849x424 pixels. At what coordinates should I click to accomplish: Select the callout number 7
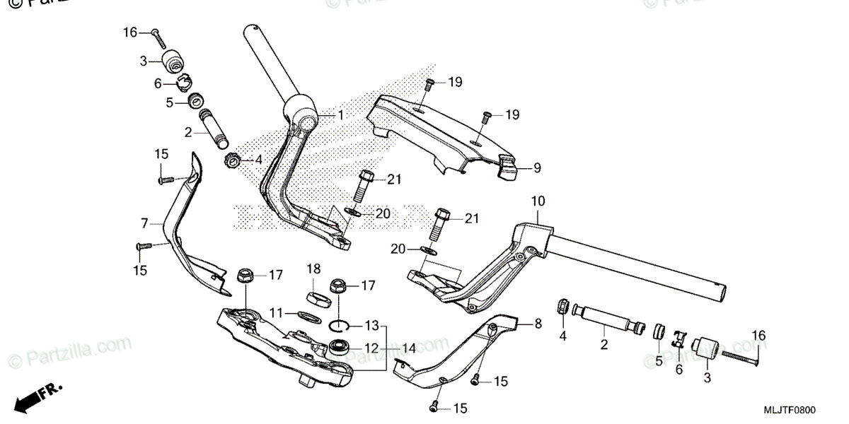[144, 223]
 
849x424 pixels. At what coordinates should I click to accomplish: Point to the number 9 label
[537, 168]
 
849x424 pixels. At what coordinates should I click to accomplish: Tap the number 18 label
[313, 269]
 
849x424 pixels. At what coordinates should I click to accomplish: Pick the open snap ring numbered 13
[342, 325]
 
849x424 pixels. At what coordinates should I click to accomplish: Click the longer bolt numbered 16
[736, 360]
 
